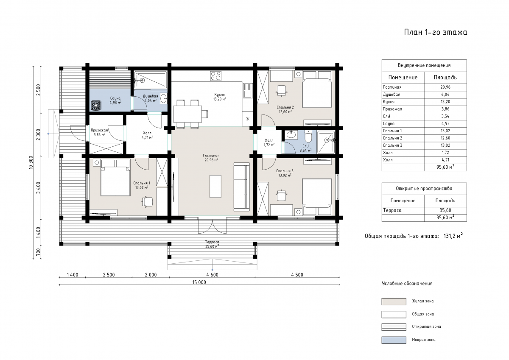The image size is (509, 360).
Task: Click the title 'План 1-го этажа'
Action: click(x=435, y=32)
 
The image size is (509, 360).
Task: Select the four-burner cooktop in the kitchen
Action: click(x=215, y=76)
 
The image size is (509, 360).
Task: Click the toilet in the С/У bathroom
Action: click(x=308, y=136)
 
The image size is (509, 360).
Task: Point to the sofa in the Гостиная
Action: click(x=242, y=187)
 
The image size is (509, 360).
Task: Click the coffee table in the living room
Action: click(x=215, y=186)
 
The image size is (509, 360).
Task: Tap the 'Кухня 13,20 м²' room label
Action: click(x=220, y=97)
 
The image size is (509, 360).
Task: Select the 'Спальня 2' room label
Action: click(x=285, y=107)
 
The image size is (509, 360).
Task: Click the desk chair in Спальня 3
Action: click(x=282, y=195)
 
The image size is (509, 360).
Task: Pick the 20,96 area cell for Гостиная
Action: click(x=445, y=87)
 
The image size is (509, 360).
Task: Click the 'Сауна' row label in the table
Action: click(x=389, y=123)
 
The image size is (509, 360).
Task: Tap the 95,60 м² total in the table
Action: click(x=445, y=167)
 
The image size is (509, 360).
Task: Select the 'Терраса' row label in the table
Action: click(x=392, y=210)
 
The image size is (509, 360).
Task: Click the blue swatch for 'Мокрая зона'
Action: click(x=394, y=340)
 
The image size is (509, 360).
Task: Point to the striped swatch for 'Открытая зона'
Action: click(x=394, y=327)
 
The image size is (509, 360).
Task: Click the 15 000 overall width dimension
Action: click(x=199, y=282)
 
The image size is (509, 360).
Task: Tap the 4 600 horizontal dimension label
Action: click(x=212, y=275)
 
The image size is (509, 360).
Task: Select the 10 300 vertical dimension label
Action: click(x=31, y=162)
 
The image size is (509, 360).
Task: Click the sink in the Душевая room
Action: click(x=164, y=98)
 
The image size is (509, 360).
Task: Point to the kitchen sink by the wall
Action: click(x=248, y=90)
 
